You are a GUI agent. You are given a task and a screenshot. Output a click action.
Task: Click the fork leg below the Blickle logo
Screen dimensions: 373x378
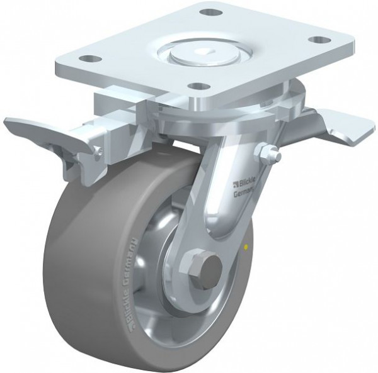(x=227, y=217)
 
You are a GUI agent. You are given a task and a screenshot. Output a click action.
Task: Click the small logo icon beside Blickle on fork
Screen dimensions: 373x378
(x=236, y=184)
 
